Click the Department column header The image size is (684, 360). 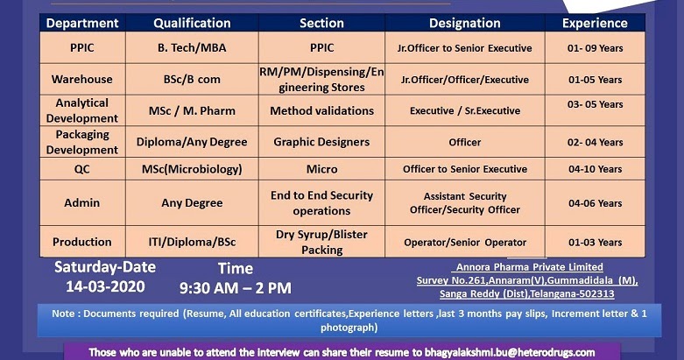(x=82, y=23)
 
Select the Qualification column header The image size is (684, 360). (x=192, y=23)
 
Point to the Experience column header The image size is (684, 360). (x=595, y=23)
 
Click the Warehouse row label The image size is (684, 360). (x=82, y=79)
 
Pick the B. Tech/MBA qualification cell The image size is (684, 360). (x=192, y=48)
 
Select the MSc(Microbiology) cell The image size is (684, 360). (x=192, y=169)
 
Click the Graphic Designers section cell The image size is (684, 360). (x=321, y=142)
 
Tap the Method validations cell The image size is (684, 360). (x=321, y=110)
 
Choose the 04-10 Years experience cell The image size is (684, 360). (x=595, y=169)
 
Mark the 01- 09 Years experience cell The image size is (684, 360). (x=595, y=48)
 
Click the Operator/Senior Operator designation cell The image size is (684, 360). (x=465, y=243)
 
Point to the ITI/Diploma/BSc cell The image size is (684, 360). (x=192, y=243)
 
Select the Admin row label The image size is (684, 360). (x=82, y=203)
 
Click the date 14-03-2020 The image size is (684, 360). (x=105, y=286)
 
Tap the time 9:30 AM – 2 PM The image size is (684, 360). (x=236, y=287)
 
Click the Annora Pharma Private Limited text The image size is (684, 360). (x=529, y=267)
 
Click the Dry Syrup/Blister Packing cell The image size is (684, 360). (x=321, y=243)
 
